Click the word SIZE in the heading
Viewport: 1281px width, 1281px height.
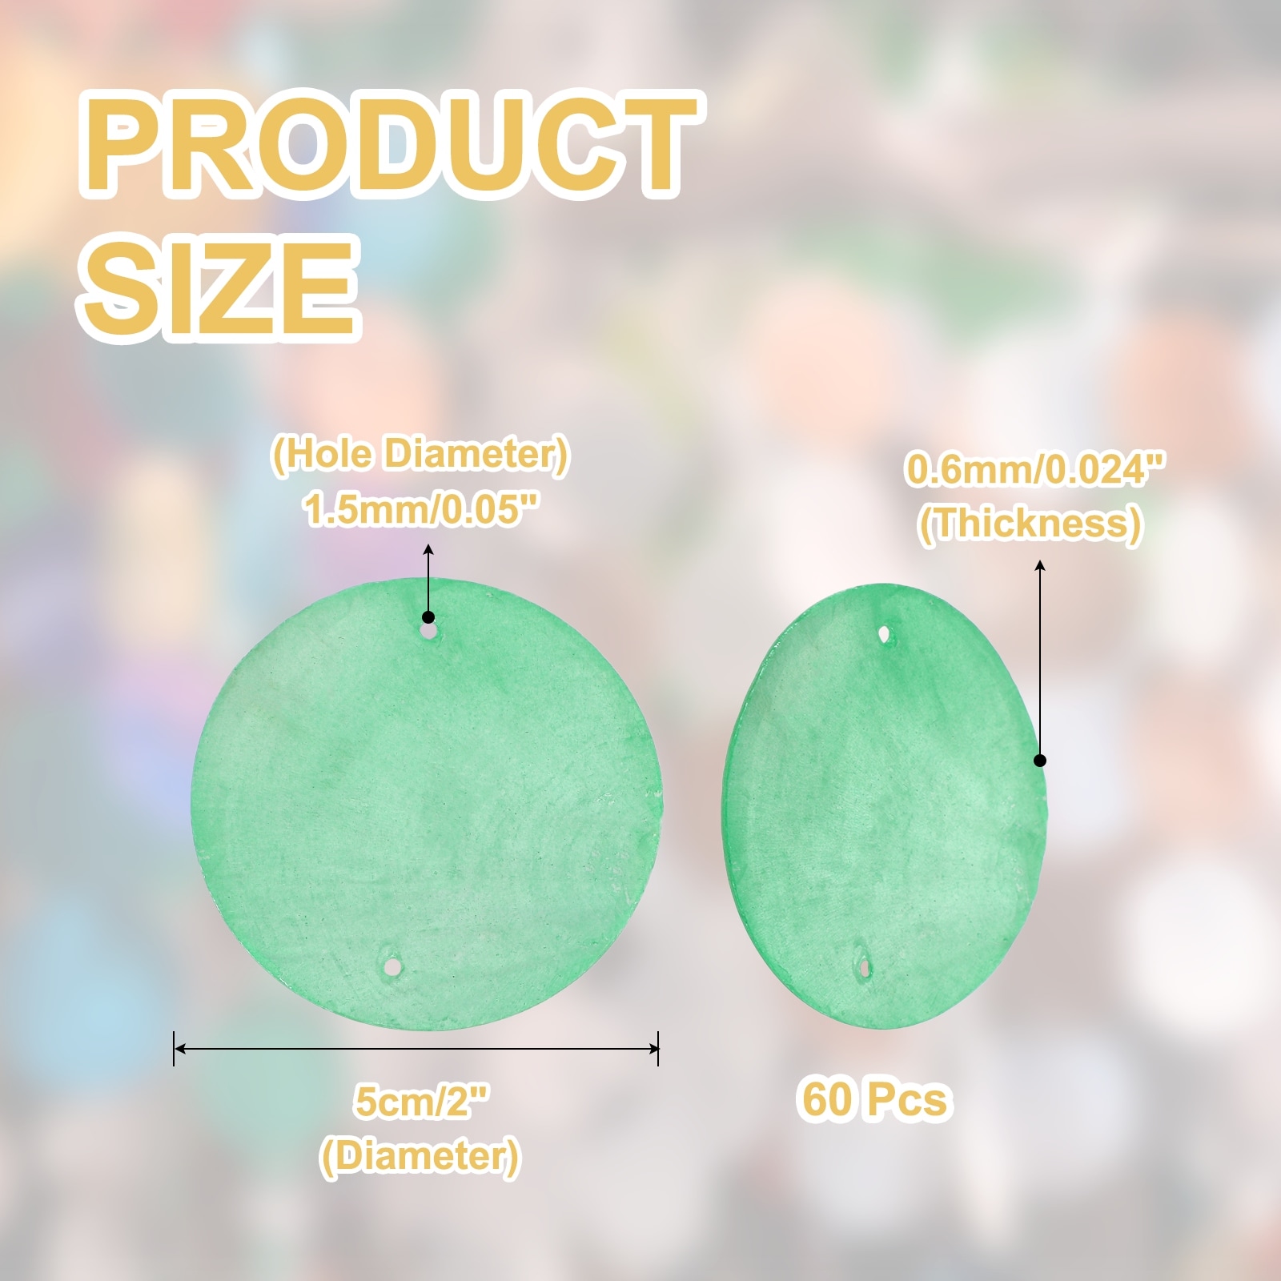[219, 287]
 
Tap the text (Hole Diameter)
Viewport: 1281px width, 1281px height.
[421, 455]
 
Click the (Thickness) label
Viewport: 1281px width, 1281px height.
[1030, 524]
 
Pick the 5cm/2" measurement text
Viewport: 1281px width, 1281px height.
[421, 1102]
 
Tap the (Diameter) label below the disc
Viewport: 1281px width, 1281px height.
[420, 1156]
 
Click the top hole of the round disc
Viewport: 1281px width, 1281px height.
[430, 632]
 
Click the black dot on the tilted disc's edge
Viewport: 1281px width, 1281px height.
[1040, 760]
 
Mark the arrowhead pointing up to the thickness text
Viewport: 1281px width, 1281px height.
[1040, 566]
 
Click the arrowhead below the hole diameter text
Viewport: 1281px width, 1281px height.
[428, 550]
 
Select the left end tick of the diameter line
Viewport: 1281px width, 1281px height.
[175, 1048]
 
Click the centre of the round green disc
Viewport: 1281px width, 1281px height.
[426, 803]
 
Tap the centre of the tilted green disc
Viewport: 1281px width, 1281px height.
[885, 805]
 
